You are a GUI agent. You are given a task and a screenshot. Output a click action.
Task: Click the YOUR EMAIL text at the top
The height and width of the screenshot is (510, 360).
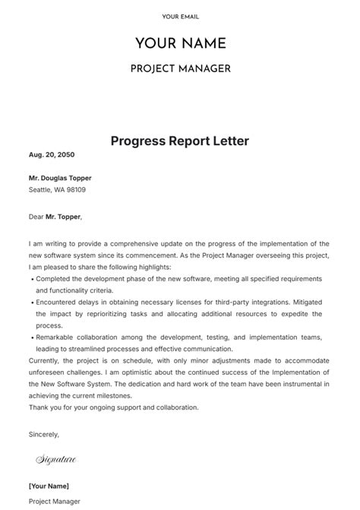tap(180, 17)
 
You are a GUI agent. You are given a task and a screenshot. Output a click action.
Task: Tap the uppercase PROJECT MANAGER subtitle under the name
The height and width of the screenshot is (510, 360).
tap(180, 69)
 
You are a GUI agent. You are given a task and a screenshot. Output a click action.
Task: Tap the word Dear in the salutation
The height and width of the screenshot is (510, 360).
tap(36, 216)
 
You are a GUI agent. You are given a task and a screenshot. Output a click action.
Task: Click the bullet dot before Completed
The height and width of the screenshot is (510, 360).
tap(31, 280)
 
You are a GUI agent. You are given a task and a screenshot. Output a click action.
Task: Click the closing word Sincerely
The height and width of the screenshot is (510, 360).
tap(43, 434)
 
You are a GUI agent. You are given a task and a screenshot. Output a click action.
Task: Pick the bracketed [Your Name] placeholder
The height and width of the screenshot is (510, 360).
tap(49, 486)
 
